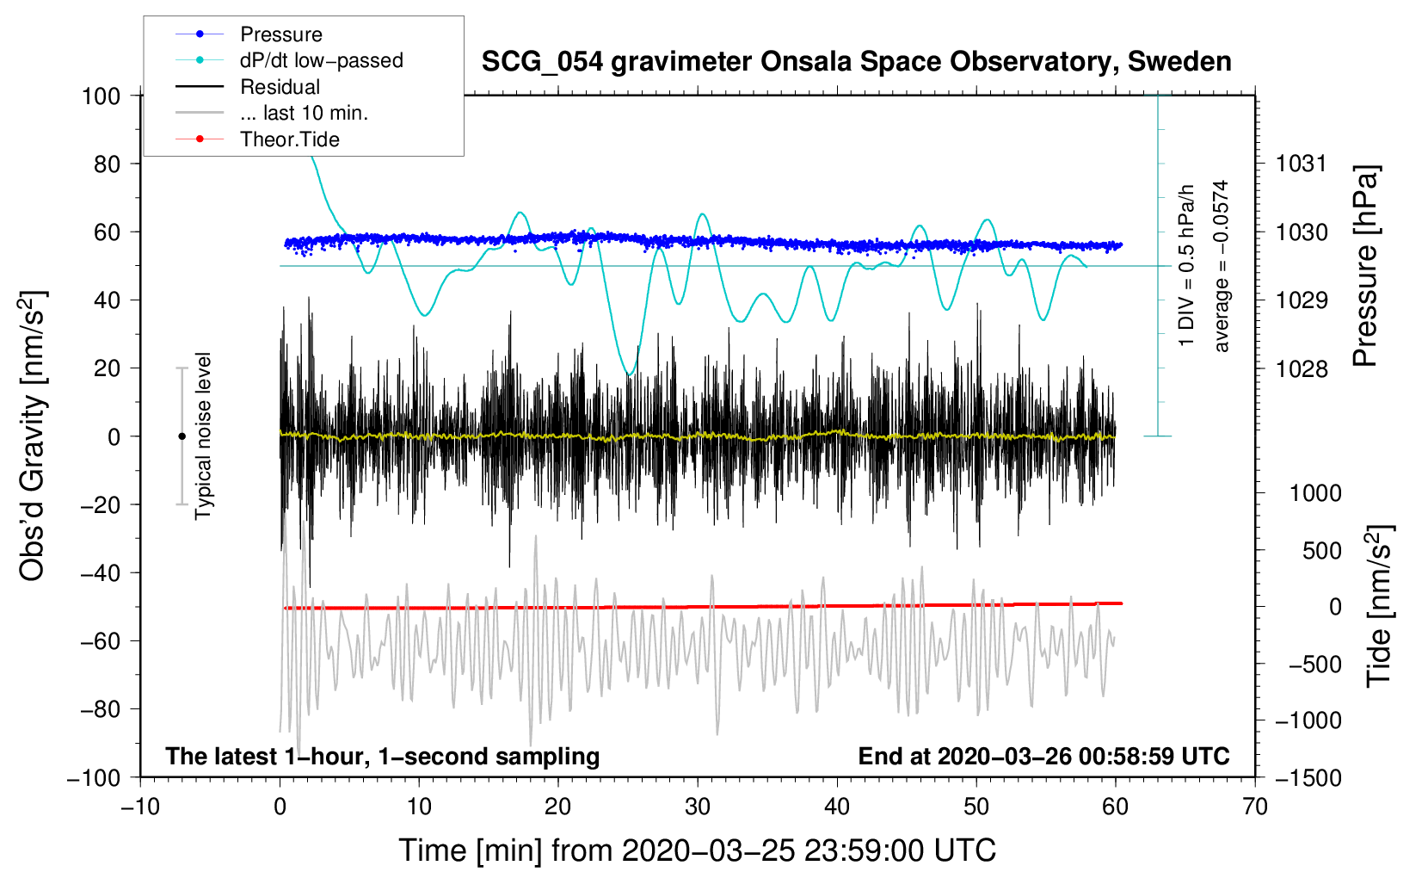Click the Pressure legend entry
280,34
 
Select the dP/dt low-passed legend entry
321,60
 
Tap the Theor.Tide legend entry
289,139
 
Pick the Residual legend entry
280,87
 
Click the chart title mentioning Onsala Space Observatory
856,62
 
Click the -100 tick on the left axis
94,777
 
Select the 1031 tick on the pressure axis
1302,164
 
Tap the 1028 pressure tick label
1302,368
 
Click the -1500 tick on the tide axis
1308,777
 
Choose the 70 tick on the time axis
1255,807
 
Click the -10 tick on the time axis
140,807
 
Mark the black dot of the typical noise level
182,436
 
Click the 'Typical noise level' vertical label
203,436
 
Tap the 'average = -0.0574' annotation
1222,266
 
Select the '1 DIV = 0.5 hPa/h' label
1187,265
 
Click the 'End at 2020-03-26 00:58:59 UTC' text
1043,756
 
